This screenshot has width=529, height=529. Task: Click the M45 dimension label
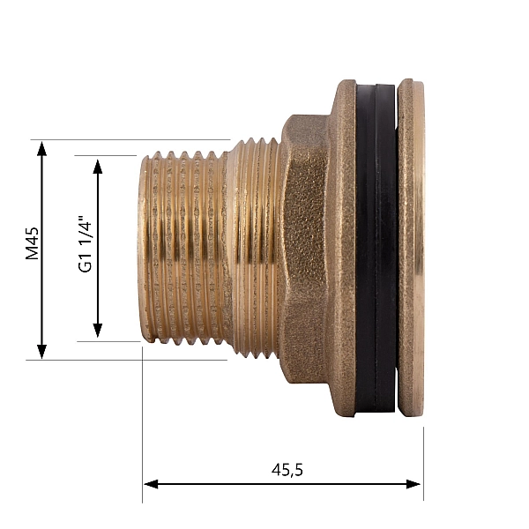point(33,243)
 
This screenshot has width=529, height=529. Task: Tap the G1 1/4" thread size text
point(86,248)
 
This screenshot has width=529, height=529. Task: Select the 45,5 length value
point(287,470)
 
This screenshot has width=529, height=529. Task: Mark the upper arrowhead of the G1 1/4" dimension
point(98,165)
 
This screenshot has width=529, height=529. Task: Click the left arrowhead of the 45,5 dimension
point(151,484)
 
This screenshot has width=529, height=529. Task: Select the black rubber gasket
point(376,247)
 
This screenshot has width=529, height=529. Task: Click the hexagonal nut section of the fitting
point(304,256)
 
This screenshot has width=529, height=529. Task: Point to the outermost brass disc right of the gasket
point(410,247)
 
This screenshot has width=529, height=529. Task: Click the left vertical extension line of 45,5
point(143,423)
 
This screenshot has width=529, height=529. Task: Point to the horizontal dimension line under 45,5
point(220,484)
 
